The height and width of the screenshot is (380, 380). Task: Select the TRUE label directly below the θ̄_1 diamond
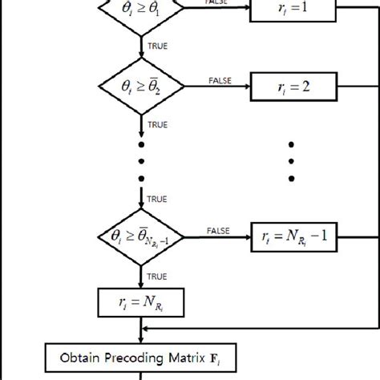[x=156, y=46]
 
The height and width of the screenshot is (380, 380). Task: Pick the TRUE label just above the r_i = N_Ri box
[x=156, y=274]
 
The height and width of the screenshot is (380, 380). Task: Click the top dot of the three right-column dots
[x=292, y=146]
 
